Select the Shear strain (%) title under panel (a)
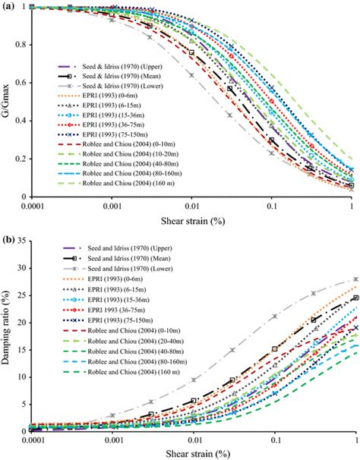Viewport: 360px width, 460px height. coord(191,221)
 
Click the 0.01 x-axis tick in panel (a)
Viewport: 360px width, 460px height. coord(191,206)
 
